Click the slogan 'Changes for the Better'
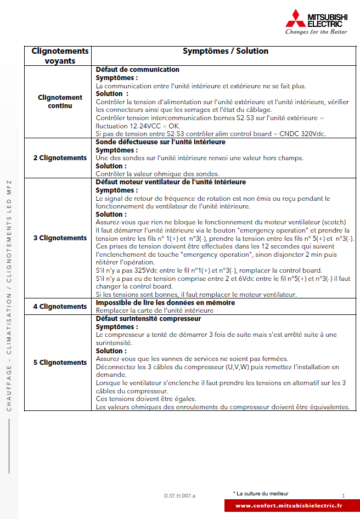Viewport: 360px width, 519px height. (316, 32)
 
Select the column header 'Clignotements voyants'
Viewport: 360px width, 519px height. (60, 56)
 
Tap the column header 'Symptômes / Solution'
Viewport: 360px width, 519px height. (226, 51)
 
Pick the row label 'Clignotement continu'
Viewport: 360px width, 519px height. (60, 101)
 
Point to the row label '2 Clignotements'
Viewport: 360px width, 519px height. (60, 158)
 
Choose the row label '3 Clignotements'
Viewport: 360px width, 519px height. (60, 238)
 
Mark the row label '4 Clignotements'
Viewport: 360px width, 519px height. (60, 307)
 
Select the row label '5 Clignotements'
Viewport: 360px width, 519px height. (60, 363)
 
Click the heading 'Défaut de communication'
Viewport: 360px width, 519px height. (138, 70)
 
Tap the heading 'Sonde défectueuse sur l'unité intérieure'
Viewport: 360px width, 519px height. (161, 142)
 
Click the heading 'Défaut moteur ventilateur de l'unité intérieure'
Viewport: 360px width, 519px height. (171, 182)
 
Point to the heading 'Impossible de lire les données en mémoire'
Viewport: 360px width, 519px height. (165, 303)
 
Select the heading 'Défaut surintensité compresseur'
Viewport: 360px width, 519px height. (148, 319)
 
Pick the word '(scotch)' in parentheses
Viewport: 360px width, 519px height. (332, 222)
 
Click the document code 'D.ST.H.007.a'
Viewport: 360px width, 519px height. (179, 495)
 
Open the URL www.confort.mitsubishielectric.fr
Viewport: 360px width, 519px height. (288, 505)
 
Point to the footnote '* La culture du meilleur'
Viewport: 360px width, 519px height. (261, 494)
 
